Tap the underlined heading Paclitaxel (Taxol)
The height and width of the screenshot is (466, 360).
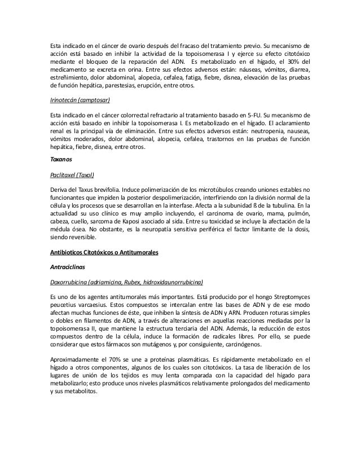click(x=72, y=174)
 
